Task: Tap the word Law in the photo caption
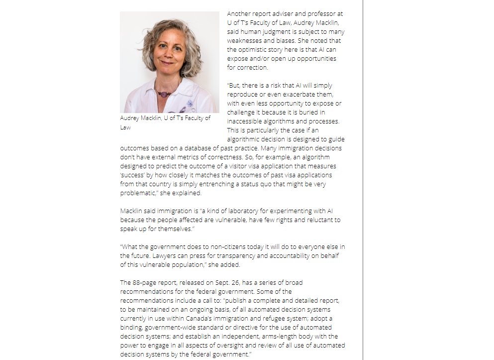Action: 125,127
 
